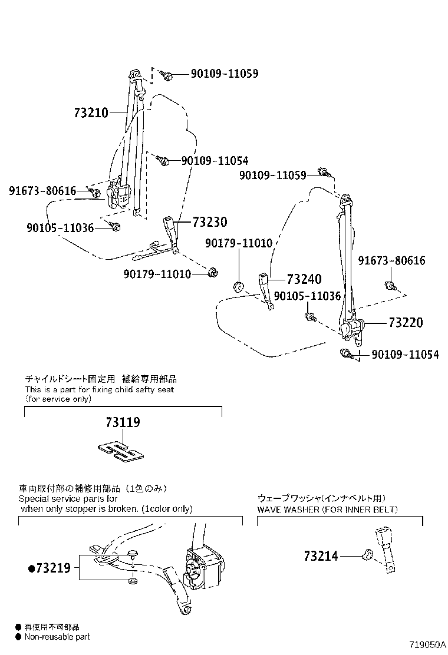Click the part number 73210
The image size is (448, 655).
click(x=91, y=113)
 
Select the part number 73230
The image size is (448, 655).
click(x=210, y=222)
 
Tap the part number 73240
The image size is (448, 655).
click(x=304, y=280)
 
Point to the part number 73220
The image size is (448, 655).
click(x=406, y=323)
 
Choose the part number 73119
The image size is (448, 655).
click(x=123, y=422)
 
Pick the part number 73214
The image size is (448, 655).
click(x=321, y=555)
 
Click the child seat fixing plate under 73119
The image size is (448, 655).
click(x=121, y=451)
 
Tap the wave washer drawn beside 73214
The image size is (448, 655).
click(x=366, y=554)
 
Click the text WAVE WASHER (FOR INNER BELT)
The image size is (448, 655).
click(x=327, y=509)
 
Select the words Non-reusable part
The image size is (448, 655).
click(x=57, y=637)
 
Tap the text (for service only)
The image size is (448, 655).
click(x=58, y=399)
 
